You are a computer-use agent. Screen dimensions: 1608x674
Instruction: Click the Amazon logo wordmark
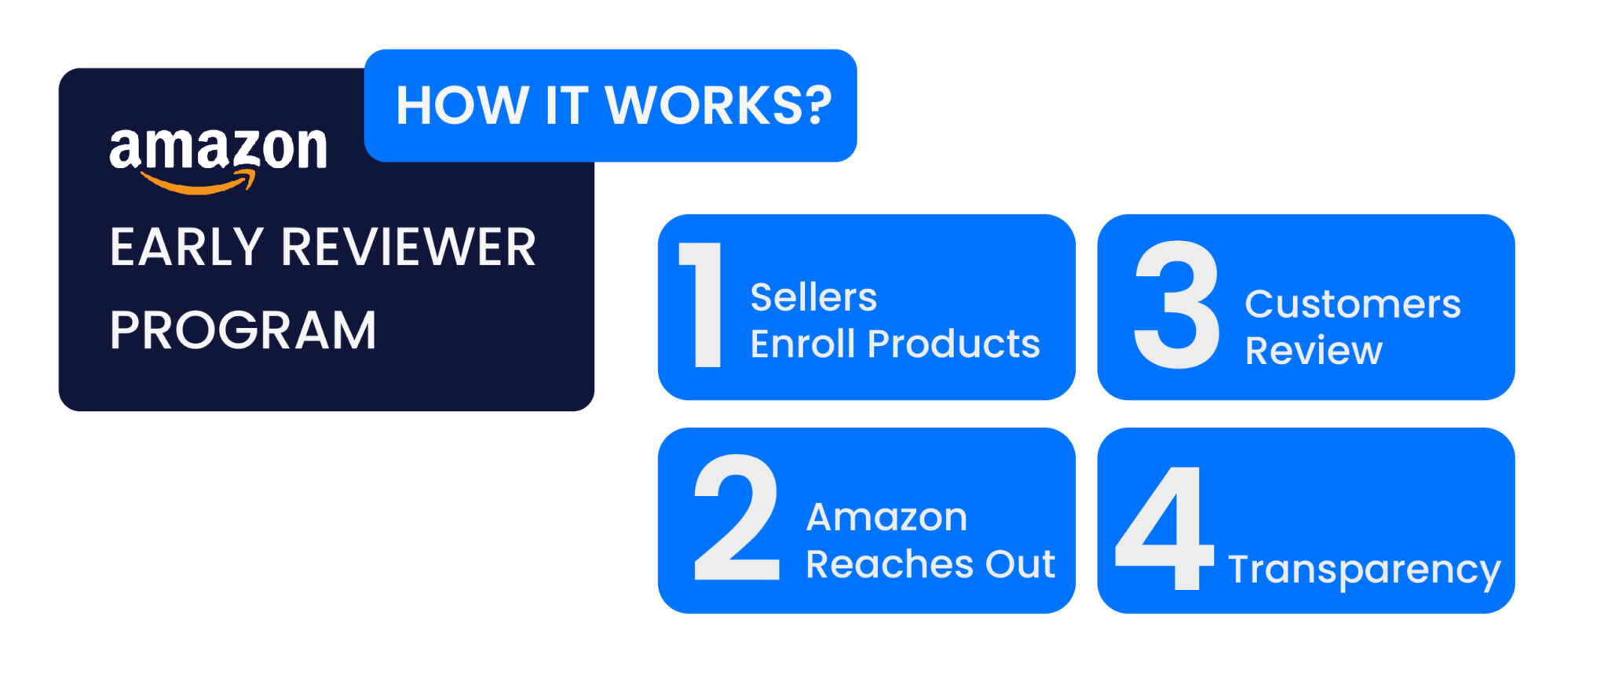point(218,149)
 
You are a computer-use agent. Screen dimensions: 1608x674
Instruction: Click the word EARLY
point(187,247)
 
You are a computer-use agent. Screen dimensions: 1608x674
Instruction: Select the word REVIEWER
point(408,247)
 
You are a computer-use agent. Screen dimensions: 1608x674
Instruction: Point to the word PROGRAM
point(243,330)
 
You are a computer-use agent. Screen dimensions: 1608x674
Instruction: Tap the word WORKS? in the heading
point(718,105)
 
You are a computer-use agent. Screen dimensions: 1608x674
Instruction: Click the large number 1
point(704,304)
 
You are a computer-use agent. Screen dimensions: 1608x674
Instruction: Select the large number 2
point(736,518)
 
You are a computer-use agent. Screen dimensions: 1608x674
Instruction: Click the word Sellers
point(813,297)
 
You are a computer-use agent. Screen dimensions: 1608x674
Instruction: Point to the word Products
point(954,344)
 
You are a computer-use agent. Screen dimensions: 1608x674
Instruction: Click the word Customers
point(1353,304)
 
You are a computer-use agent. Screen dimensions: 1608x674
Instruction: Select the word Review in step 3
point(1314,350)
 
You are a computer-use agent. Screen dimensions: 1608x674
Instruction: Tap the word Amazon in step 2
point(886,517)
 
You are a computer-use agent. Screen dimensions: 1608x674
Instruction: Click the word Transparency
point(1365,570)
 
